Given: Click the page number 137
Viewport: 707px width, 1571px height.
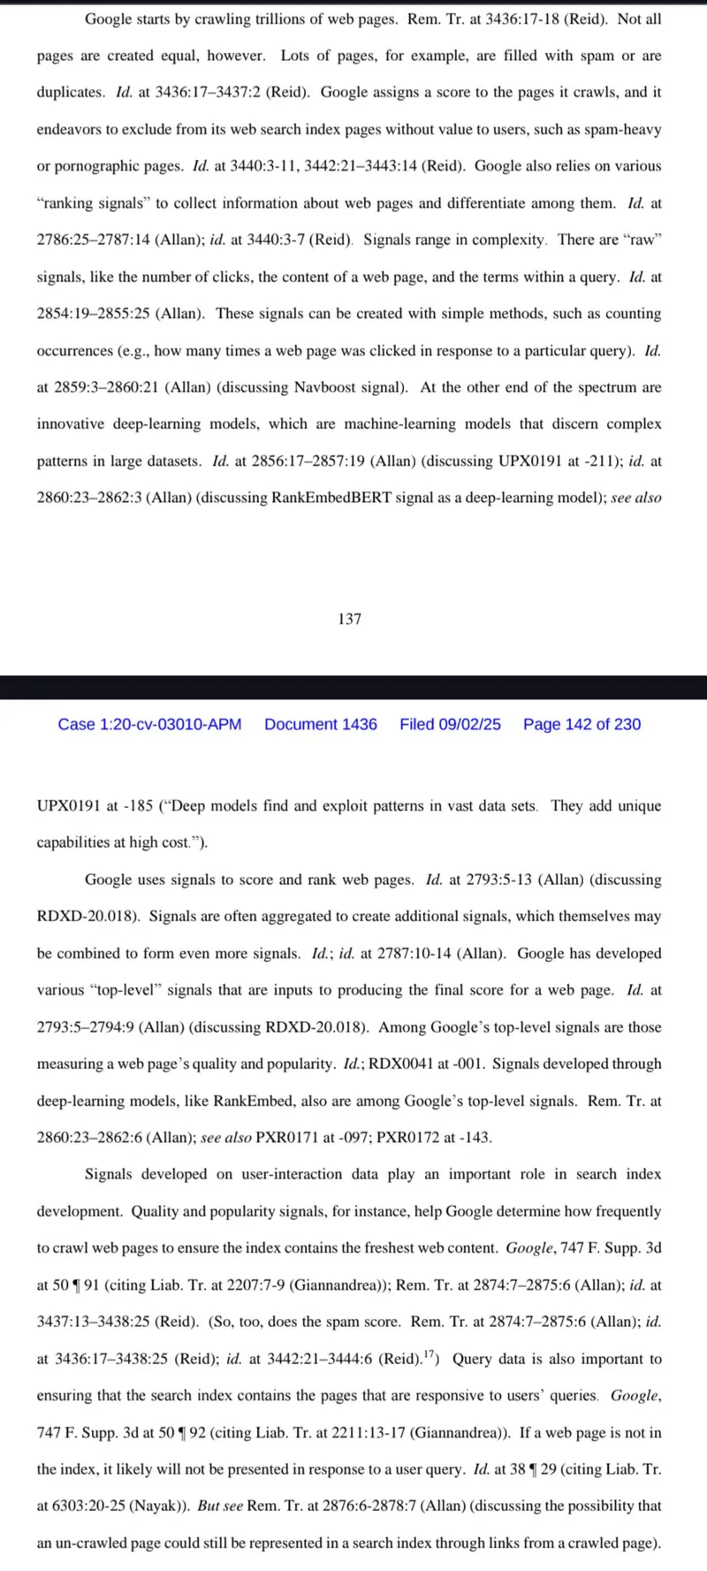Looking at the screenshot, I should tap(349, 619).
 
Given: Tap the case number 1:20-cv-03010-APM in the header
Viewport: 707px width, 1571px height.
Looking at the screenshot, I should tap(149, 724).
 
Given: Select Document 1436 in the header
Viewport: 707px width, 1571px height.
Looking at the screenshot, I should tap(321, 724).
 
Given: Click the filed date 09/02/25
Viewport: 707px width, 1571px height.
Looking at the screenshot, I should tap(450, 724).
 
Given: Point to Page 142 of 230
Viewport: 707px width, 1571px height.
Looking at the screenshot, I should tap(582, 724).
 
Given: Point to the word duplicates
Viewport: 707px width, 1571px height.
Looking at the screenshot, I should tap(71, 92).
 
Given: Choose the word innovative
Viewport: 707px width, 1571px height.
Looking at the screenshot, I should tap(69, 423).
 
